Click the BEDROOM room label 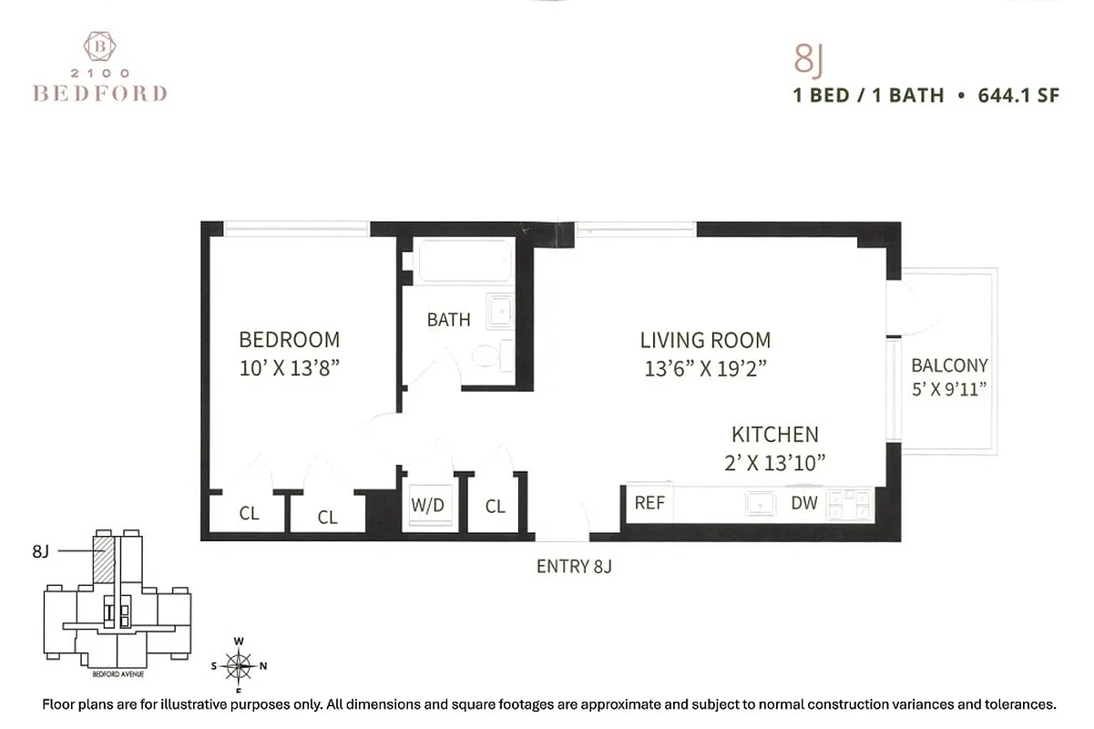(289, 340)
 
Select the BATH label (448, 320)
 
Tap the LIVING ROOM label (705, 341)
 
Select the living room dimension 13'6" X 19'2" (705, 369)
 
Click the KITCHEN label (774, 435)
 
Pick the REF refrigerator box (649, 503)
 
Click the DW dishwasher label (803, 503)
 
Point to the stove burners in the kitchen (849, 504)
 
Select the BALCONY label (949, 365)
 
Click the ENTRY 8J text (573, 567)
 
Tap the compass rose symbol (239, 665)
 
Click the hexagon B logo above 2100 (99, 46)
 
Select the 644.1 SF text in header (1018, 95)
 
